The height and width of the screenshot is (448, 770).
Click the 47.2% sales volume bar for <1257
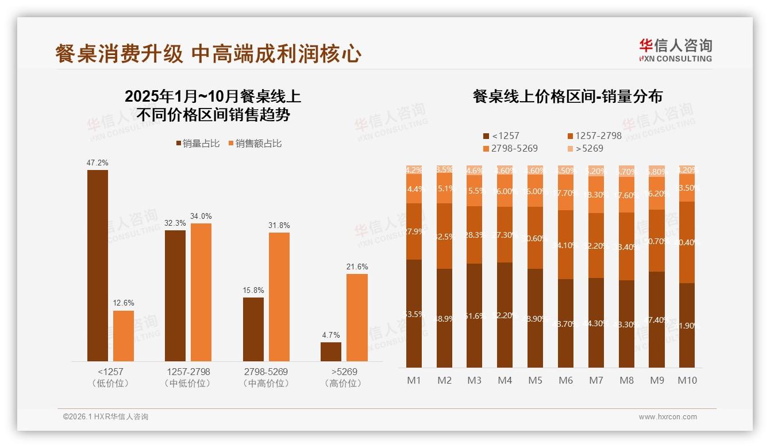pyautogui.click(x=98, y=265)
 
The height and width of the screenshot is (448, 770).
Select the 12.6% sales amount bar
pyautogui.click(x=124, y=336)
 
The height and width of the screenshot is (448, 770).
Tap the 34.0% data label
pyautogui.click(x=201, y=216)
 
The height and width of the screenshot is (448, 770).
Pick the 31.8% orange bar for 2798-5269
pyautogui.click(x=279, y=297)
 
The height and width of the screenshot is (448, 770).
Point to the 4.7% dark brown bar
pyautogui.click(x=331, y=352)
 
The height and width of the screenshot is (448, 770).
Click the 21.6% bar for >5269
pyautogui.click(x=357, y=318)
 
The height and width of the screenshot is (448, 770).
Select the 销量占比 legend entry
pyautogui.click(x=198, y=144)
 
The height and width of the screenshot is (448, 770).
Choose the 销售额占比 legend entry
pyautogui.click(x=255, y=144)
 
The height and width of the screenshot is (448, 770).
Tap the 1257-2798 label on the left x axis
pyautogui.click(x=187, y=372)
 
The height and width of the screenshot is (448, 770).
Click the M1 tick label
pyautogui.click(x=414, y=380)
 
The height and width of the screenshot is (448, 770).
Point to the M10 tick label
pyautogui.click(x=687, y=380)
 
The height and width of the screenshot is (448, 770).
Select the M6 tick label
pyautogui.click(x=566, y=380)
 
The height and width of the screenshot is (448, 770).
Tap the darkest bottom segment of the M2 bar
pyautogui.click(x=444, y=318)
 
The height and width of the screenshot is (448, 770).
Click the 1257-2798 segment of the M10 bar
pyautogui.click(x=687, y=242)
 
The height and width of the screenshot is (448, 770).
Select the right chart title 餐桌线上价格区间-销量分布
pyautogui.click(x=568, y=96)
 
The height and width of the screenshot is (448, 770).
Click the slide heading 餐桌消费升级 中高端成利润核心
pyautogui.click(x=208, y=54)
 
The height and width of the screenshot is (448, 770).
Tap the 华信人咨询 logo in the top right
pyautogui.click(x=675, y=49)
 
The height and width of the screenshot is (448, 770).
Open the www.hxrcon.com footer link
pyautogui.click(x=668, y=417)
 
